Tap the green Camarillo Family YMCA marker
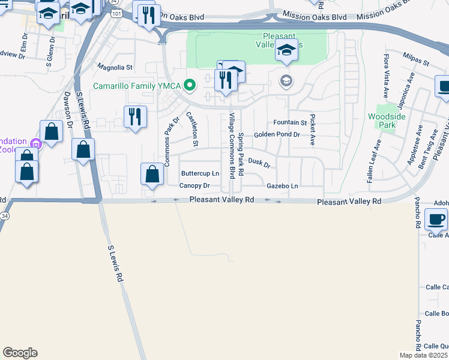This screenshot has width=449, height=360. [x=190, y=86]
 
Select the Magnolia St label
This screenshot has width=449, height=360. [x=114, y=68]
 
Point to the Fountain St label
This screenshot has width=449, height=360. [x=290, y=122]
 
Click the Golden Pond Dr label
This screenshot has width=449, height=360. [x=276, y=134]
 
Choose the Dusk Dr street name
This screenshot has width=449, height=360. [x=259, y=162]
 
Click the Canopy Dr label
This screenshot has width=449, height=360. [x=194, y=186]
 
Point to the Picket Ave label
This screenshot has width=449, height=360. [x=312, y=129]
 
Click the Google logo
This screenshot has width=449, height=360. [x=20, y=353]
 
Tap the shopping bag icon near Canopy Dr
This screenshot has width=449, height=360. [x=152, y=175]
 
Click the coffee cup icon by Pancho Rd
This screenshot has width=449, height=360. [x=436, y=220]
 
